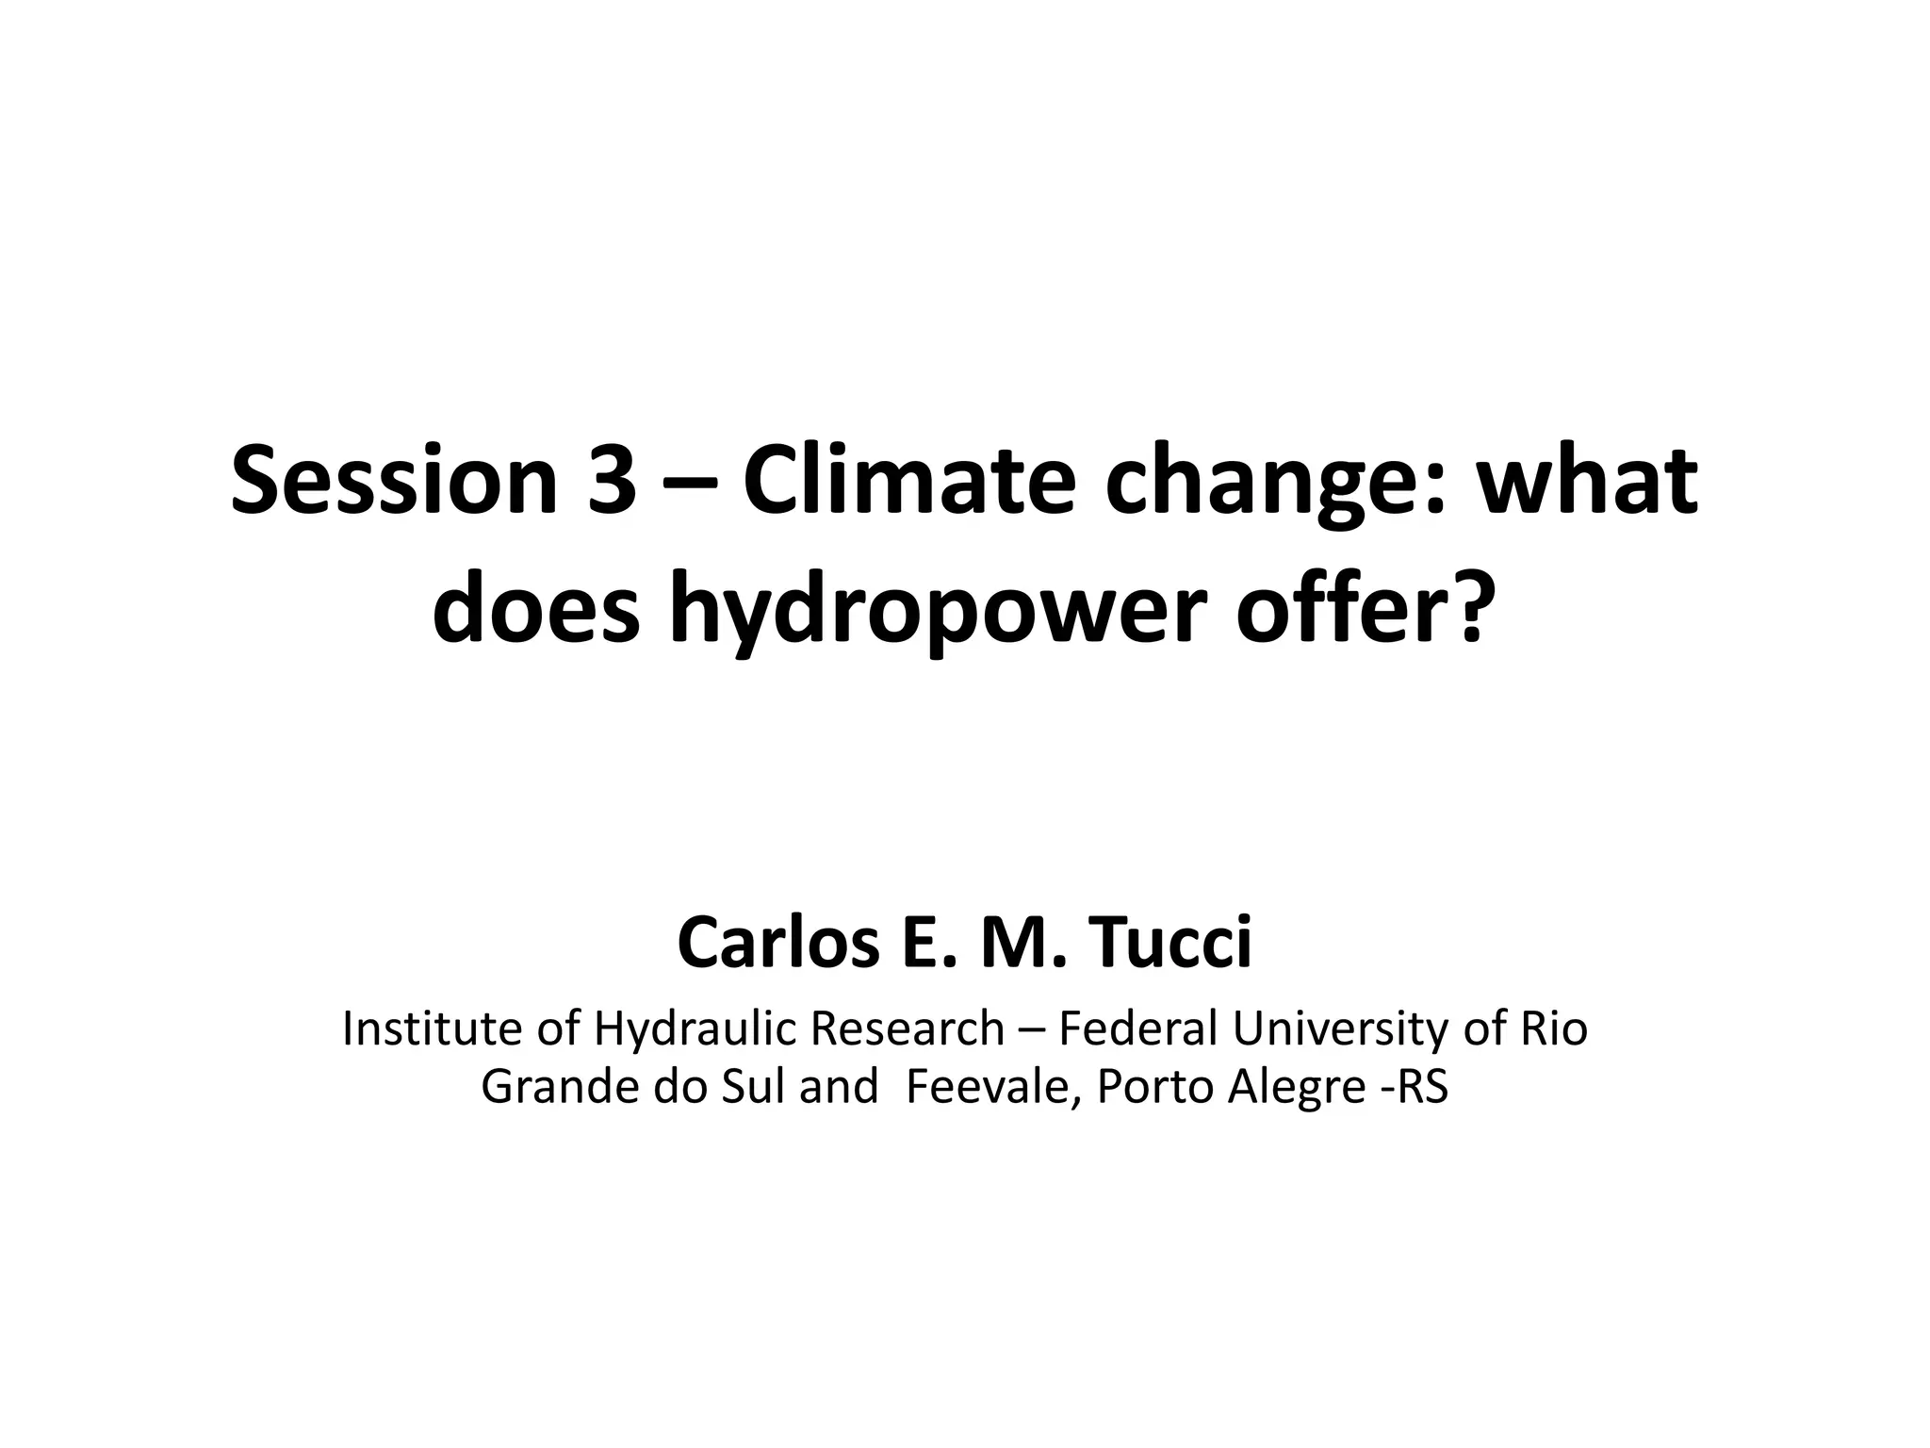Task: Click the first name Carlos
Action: pyautogui.click(x=777, y=943)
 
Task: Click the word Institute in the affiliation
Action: pyautogui.click(x=434, y=1028)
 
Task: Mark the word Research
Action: pyautogui.click(x=907, y=1028)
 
